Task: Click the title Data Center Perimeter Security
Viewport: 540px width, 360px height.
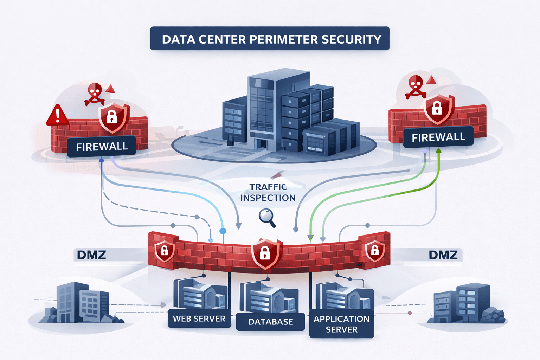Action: (x=270, y=39)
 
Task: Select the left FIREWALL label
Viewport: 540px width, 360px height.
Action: (x=102, y=146)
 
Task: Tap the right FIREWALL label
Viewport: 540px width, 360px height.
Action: (x=438, y=137)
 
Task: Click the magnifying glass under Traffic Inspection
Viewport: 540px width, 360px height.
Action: (x=266, y=217)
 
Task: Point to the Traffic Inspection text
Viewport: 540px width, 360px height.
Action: (x=268, y=192)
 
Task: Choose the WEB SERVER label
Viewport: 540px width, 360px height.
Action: (x=199, y=319)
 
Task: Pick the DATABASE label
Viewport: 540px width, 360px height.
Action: (x=270, y=322)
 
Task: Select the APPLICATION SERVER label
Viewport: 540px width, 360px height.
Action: (x=341, y=324)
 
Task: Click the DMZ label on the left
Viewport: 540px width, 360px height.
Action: (x=91, y=255)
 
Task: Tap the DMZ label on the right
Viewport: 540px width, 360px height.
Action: (x=443, y=255)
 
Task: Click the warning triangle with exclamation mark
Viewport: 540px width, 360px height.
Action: (x=57, y=115)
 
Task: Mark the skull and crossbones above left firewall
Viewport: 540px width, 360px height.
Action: (x=94, y=94)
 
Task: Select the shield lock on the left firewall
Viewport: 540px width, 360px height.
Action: (x=112, y=117)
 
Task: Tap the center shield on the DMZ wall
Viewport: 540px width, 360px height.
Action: (x=265, y=252)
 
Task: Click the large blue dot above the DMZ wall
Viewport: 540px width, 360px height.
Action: (x=223, y=231)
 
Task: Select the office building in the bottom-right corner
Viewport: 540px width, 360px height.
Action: (x=463, y=303)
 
